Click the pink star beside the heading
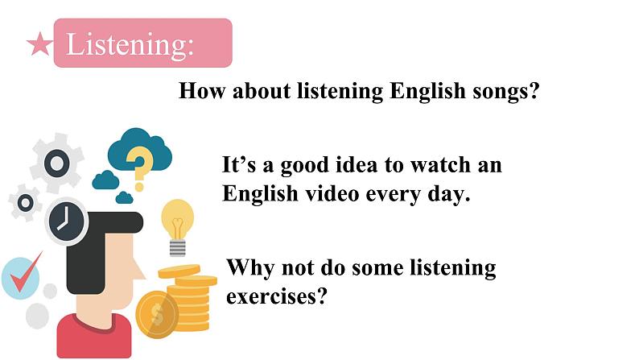coord(39,44)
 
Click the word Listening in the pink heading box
coord(130,44)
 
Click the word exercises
coord(277,296)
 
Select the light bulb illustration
coord(177,226)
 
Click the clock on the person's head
coord(67,221)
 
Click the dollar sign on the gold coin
coord(156,314)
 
